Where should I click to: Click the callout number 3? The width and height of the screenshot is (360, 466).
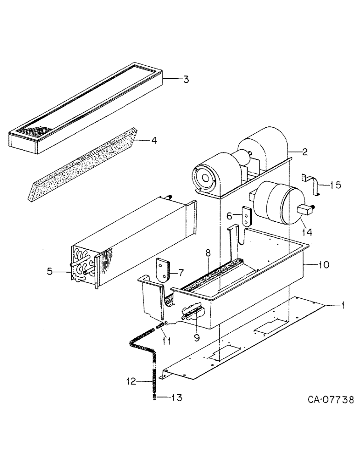pyautogui.click(x=186, y=80)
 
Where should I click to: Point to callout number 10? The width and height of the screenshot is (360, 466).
pyautogui.click(x=324, y=265)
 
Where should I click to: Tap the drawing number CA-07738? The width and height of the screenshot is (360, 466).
pyautogui.click(x=330, y=400)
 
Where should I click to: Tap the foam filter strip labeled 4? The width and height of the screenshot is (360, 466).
pyautogui.click(x=82, y=164)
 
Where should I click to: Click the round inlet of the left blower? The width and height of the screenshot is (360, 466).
pyautogui.click(x=204, y=178)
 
